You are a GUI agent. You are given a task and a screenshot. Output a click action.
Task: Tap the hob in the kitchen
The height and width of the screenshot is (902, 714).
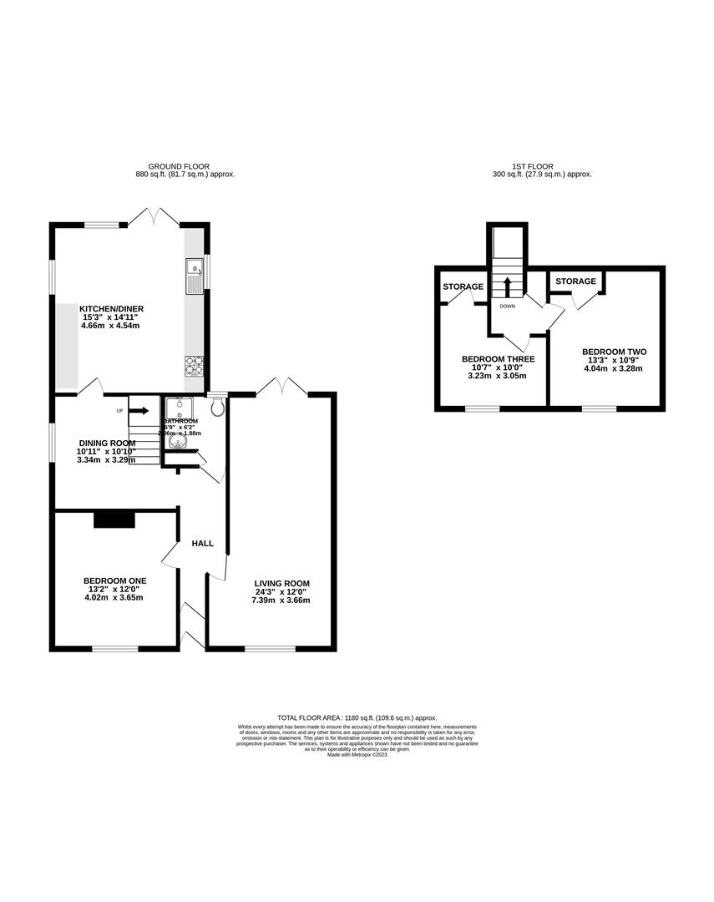coord(194,366)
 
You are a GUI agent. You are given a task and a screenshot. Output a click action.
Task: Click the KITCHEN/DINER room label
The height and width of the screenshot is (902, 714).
coord(112,308)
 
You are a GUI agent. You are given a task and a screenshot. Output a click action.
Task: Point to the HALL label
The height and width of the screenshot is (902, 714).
coord(203,544)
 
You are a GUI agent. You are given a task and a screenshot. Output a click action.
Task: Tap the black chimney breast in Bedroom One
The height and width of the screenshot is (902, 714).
coord(114,519)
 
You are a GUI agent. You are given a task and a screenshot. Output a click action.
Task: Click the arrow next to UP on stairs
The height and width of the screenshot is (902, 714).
coord(139,410)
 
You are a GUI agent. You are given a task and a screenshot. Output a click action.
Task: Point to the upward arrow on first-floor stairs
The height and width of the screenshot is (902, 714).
coord(506,286)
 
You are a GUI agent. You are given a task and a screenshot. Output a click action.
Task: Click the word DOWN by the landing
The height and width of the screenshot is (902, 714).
coord(507,307)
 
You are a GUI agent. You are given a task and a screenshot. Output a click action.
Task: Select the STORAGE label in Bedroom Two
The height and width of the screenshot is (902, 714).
coord(576,281)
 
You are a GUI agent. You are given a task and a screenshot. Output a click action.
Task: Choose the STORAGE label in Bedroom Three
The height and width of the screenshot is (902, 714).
coord(463,286)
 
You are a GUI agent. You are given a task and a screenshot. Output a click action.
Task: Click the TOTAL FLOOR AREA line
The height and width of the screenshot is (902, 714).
coord(357,717)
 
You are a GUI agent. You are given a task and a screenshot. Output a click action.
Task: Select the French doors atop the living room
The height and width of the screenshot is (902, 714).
coord(282,387)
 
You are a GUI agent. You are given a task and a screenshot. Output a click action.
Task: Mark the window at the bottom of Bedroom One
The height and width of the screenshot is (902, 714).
coord(115,648)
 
